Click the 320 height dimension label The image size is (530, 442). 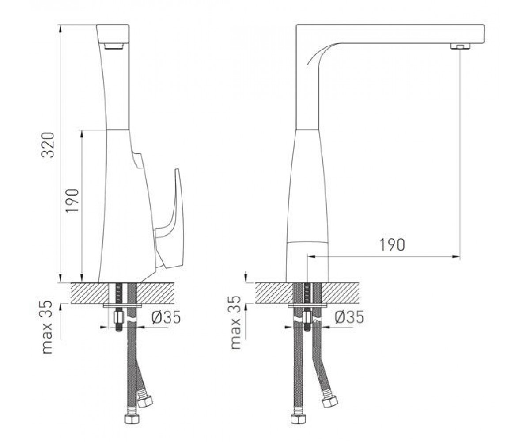click(48, 145)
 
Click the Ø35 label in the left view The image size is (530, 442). click(166, 317)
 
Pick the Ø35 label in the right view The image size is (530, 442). click(349, 317)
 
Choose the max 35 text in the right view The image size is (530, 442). click(235, 323)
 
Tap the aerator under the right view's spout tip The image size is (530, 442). click(460, 46)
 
